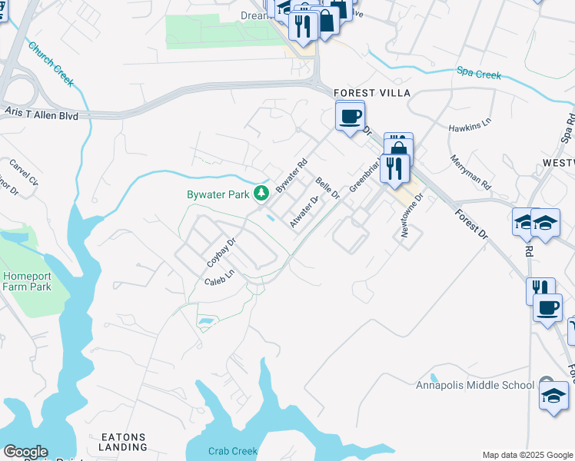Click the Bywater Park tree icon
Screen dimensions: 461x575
point(262,192)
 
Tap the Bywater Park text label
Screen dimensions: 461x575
point(218,195)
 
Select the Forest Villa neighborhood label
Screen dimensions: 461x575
point(372,92)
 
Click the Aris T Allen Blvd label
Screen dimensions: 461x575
point(42,114)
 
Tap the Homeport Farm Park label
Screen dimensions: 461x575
point(27,281)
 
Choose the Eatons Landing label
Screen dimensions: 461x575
point(124,442)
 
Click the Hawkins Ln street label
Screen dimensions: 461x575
point(470,124)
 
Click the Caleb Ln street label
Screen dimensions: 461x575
point(218,277)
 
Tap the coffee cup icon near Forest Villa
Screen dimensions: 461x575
point(350,117)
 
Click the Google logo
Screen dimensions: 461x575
point(25,452)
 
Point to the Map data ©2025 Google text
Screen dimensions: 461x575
point(527,455)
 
